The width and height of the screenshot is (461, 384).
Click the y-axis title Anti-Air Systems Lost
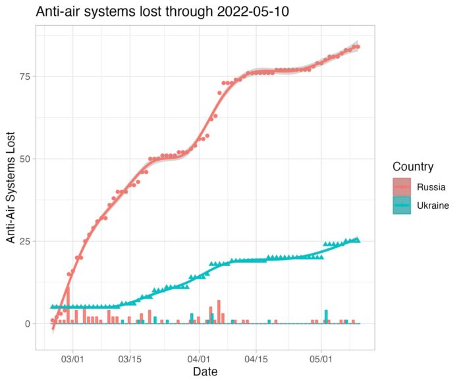12,191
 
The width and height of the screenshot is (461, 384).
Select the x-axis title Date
205,372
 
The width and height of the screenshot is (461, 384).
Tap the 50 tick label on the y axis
24,159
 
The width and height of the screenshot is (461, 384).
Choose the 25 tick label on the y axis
24,241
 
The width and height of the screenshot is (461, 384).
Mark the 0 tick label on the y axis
27,323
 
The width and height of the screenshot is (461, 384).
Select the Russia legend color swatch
402,187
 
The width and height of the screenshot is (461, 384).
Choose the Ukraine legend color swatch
402,206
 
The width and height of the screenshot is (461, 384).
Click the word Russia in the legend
430,187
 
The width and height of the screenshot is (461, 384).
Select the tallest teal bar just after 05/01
326,316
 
